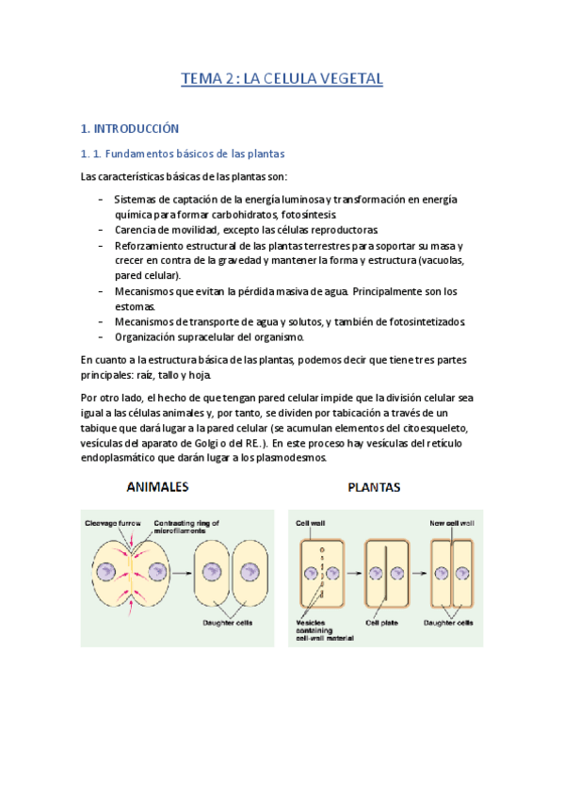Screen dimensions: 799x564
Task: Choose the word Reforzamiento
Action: tap(157, 245)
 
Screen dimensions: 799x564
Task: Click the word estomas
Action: tap(137, 306)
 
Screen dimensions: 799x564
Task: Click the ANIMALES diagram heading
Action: tap(157, 487)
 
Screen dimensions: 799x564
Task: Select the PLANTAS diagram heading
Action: tap(374, 488)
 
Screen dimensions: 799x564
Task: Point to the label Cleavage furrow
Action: tap(113, 521)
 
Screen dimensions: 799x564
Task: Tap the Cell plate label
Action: tap(385, 623)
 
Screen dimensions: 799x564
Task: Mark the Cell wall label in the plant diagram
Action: tap(311, 522)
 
